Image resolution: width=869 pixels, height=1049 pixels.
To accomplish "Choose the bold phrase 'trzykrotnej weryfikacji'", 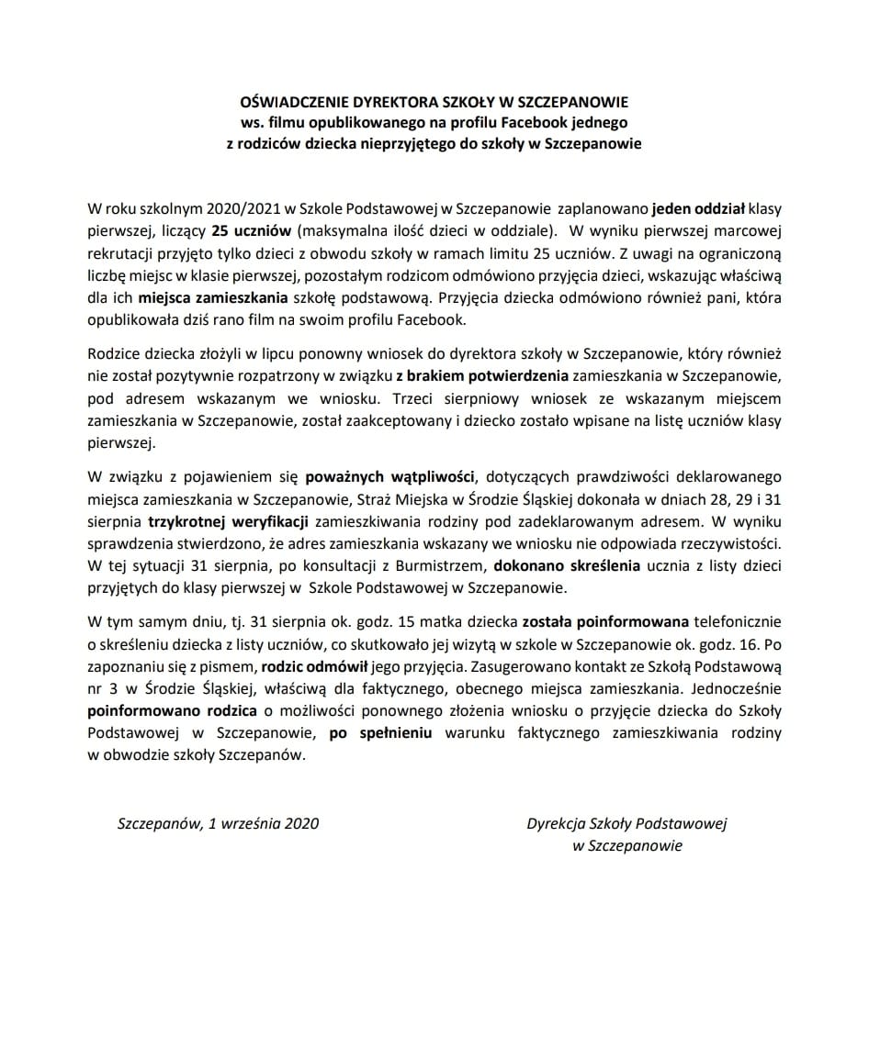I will [x=228, y=522].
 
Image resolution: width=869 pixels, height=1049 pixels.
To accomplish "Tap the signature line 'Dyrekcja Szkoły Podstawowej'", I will [x=626, y=823].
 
